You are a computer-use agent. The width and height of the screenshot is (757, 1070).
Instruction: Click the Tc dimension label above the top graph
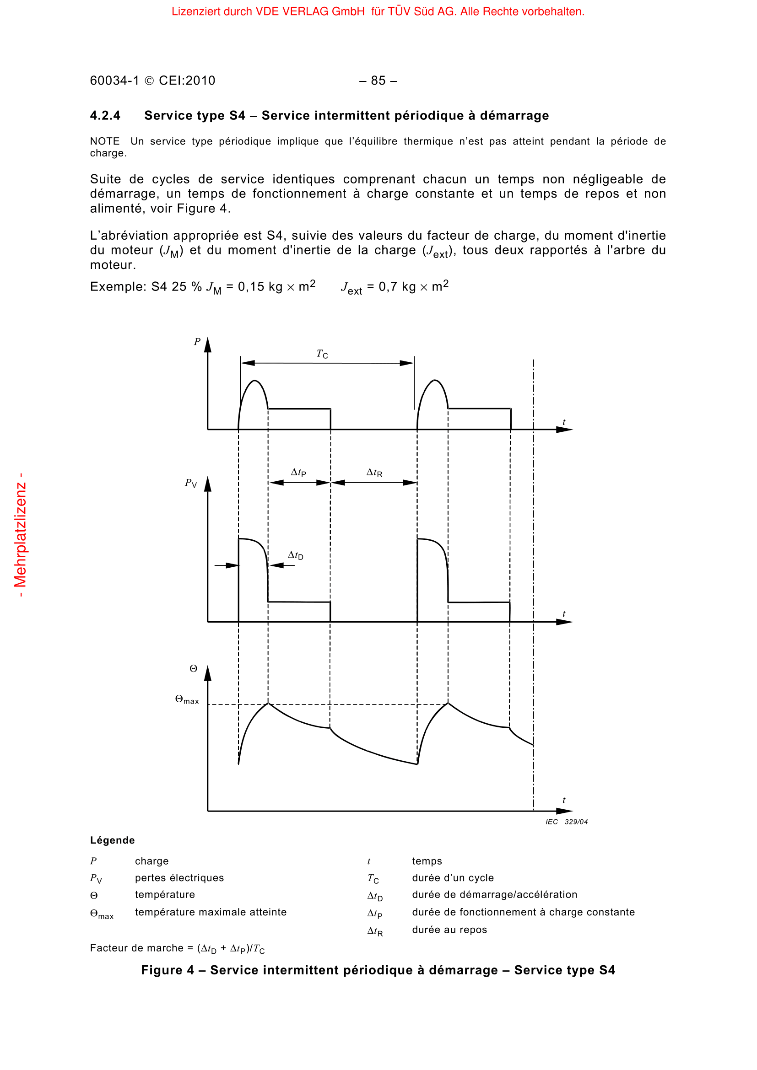[x=322, y=354]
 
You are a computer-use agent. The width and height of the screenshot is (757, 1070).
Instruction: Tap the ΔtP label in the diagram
[x=298, y=473]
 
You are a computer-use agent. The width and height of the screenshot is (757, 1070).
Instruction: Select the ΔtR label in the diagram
[x=374, y=473]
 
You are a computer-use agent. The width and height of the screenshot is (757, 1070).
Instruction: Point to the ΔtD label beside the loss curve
[x=296, y=555]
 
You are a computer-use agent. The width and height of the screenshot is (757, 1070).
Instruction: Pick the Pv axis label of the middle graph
[x=191, y=483]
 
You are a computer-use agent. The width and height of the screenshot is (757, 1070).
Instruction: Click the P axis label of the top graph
[x=197, y=342]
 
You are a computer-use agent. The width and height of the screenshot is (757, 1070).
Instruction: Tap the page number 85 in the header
[x=378, y=81]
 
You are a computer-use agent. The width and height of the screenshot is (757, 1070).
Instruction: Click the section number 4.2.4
[x=105, y=116]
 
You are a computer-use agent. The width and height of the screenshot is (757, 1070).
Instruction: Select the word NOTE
[x=104, y=141]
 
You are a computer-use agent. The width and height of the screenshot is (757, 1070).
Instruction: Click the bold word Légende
[x=112, y=840]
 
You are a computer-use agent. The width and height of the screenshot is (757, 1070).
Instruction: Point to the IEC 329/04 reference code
[x=566, y=822]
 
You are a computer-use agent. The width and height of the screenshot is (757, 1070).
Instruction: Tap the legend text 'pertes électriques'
[x=179, y=878]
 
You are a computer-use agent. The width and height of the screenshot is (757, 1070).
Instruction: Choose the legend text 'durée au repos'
[x=449, y=930]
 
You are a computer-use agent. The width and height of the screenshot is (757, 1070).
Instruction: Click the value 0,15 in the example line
[x=251, y=287]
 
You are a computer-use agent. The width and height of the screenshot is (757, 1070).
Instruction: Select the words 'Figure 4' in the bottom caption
[x=168, y=970]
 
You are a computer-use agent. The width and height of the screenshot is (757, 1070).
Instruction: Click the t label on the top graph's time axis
[x=563, y=422]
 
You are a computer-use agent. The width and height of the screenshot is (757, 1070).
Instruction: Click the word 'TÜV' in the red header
[x=399, y=11]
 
